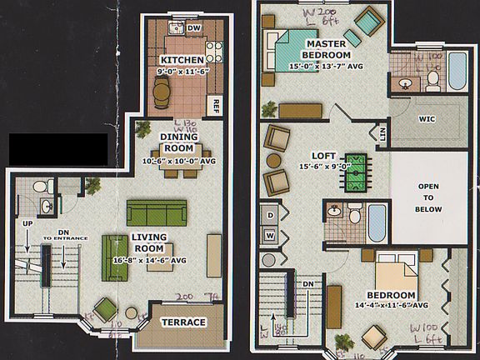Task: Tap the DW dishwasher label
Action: [x=194, y=29]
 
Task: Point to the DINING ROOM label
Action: [x=179, y=142]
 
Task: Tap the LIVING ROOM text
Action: [x=149, y=242]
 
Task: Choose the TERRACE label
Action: [x=183, y=322]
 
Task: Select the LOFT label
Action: [x=322, y=156]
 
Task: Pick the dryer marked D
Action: [x=271, y=215]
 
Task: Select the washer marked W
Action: [x=271, y=236]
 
